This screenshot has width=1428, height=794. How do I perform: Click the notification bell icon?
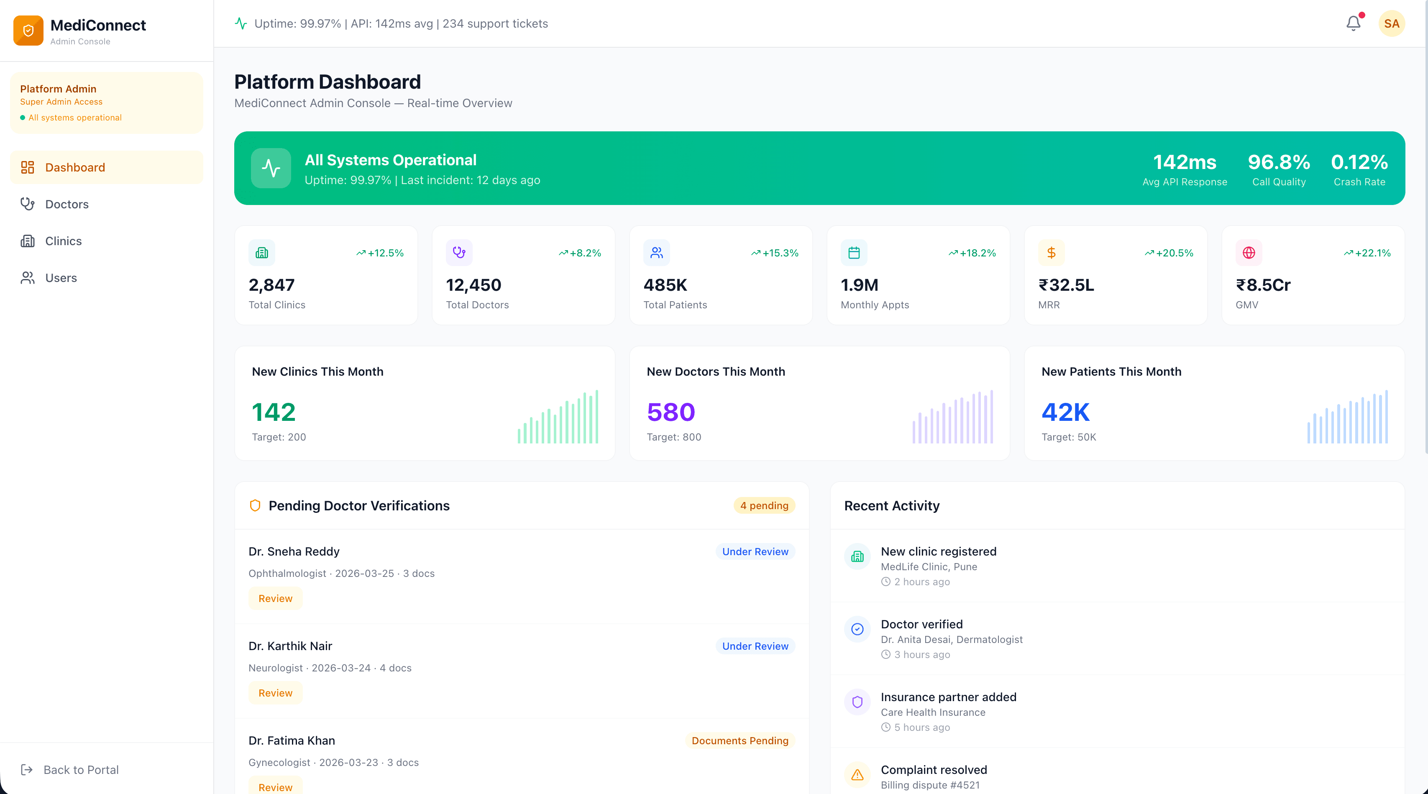point(1353,23)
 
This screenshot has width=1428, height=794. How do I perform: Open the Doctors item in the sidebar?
point(67,204)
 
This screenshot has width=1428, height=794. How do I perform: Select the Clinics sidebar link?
point(63,241)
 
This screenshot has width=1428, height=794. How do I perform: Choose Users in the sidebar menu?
point(61,278)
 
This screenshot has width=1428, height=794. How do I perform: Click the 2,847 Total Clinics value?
point(271,285)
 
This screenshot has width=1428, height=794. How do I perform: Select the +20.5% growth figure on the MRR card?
point(1174,253)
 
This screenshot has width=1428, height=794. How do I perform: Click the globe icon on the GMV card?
point(1249,253)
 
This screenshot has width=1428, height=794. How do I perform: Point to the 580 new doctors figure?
point(671,412)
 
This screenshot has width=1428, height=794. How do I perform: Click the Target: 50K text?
point(1068,437)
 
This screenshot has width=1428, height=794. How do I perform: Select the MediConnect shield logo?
point(28,31)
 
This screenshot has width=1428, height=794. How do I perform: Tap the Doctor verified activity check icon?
point(857,629)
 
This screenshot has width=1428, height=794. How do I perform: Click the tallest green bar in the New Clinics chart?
point(596,416)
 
